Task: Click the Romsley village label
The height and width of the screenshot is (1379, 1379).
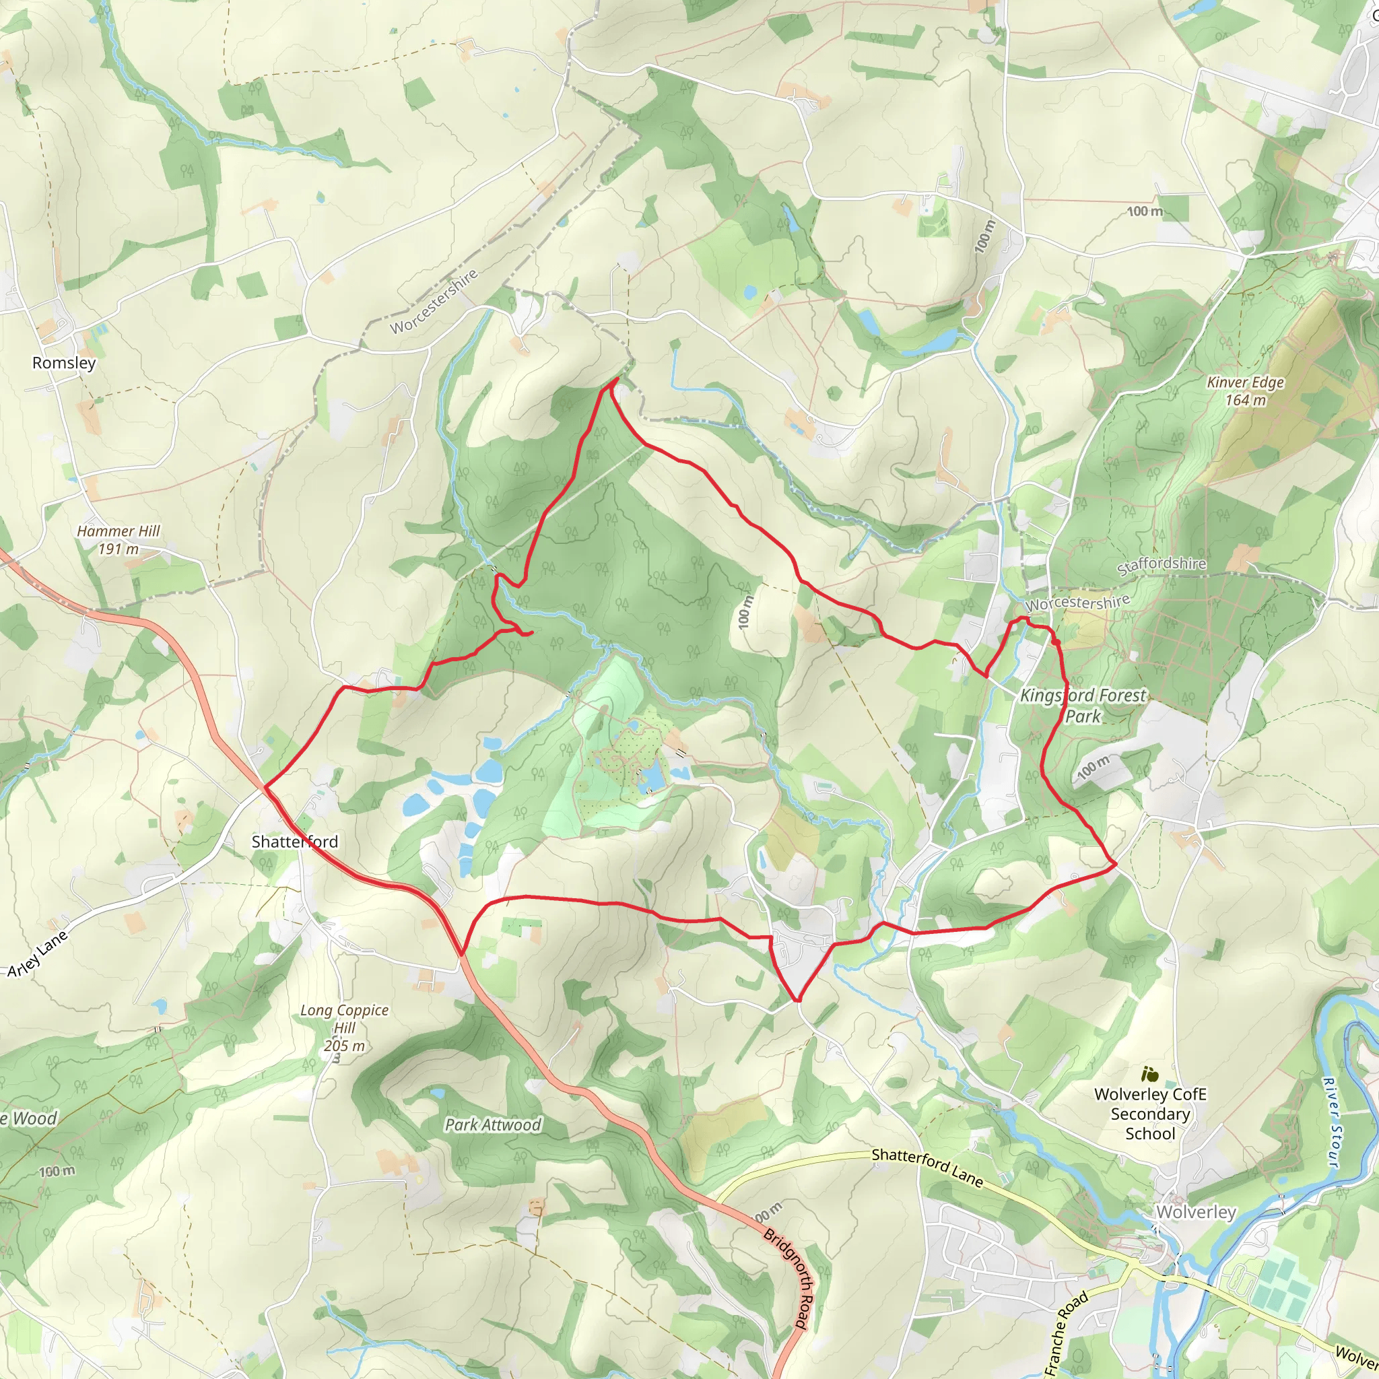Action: click(63, 363)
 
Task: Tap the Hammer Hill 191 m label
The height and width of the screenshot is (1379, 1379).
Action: click(119, 539)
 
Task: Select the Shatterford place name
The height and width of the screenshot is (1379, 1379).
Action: click(294, 842)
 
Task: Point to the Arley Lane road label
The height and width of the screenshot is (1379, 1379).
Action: click(38, 953)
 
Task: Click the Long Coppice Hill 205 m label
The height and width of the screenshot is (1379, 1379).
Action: click(344, 1028)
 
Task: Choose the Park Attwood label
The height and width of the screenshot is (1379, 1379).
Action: click(492, 1125)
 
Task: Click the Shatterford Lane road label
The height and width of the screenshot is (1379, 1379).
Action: click(927, 1167)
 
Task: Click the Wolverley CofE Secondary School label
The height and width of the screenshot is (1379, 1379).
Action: click(1150, 1114)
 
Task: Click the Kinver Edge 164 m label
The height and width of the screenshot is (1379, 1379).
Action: click(1245, 391)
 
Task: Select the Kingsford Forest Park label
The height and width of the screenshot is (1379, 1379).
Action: click(1082, 705)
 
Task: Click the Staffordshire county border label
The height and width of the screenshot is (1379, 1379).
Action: click(1162, 566)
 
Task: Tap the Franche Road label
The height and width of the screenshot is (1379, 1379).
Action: click(1067, 1333)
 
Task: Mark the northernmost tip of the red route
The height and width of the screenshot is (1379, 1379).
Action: click(614, 380)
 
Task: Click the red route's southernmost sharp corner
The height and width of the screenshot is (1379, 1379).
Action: click(798, 1000)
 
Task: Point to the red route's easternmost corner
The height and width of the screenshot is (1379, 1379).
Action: click(1115, 865)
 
